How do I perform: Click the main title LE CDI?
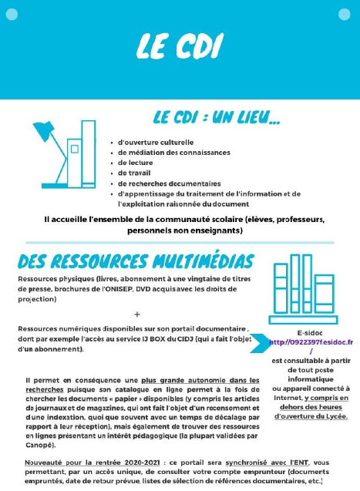pos(179,44)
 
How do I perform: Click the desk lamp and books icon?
pos(62,157)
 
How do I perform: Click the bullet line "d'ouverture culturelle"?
pos(155,143)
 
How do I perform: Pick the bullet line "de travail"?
pos(134,173)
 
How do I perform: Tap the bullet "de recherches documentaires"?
pos(169,183)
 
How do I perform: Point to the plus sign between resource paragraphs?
pos(137,314)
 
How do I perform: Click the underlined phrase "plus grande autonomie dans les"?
pos(200,380)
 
